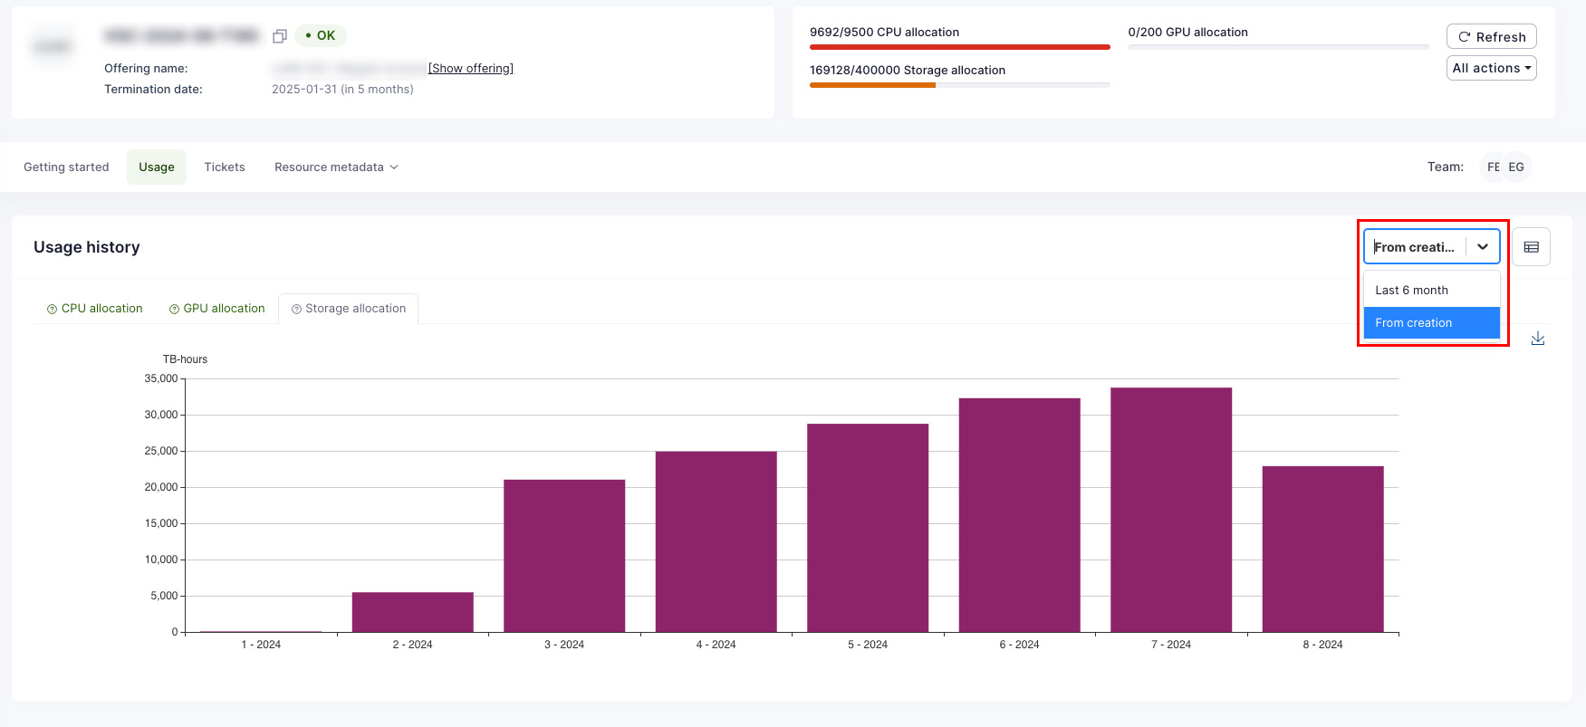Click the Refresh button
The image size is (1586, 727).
(1491, 37)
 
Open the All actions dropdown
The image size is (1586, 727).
(1491, 68)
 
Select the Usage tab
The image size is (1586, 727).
(157, 167)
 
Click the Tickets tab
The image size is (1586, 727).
(225, 167)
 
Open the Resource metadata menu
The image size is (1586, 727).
(336, 167)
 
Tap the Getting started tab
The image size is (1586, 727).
(66, 167)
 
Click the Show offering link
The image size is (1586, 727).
(470, 69)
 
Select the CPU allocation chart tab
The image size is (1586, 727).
(95, 309)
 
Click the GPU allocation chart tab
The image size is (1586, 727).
(217, 309)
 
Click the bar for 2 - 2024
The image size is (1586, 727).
(413, 612)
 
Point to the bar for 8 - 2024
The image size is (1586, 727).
(1322, 549)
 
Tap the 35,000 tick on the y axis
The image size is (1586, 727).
(161, 378)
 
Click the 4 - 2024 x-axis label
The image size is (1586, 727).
(716, 645)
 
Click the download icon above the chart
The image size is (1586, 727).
(1537, 339)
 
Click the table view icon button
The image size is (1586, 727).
(1531, 247)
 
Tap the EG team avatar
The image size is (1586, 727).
(1517, 167)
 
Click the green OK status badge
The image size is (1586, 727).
(321, 36)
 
